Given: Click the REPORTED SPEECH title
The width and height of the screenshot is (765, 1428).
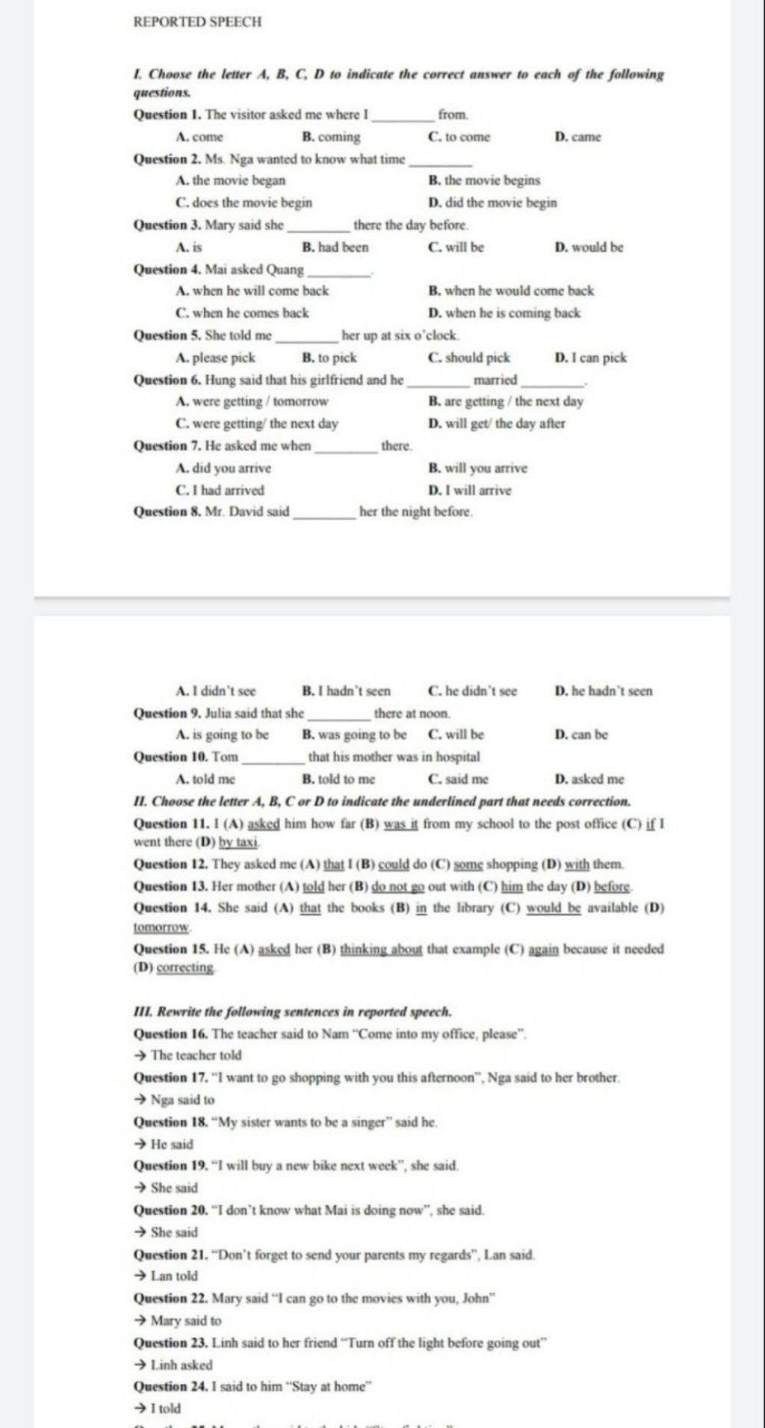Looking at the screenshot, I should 197,22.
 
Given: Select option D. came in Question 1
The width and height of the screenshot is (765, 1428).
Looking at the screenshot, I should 577,137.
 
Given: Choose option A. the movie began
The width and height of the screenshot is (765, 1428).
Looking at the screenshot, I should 231,180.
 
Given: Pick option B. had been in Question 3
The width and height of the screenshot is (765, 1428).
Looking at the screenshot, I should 335,247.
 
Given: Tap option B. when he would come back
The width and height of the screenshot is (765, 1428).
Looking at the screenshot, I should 512,291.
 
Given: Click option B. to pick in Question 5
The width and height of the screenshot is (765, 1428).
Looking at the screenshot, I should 329,357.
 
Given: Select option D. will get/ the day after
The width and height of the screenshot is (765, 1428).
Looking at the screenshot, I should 497,424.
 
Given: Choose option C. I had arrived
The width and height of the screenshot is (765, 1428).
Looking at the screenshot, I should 220,490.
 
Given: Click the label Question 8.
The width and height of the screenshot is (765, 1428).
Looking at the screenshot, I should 165,512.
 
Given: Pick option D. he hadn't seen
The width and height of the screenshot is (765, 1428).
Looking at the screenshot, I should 604,691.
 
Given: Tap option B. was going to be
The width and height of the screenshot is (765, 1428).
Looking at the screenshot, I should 355,735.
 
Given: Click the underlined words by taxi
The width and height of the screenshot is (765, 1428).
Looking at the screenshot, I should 238,842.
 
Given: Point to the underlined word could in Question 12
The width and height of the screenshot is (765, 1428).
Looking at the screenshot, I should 394,865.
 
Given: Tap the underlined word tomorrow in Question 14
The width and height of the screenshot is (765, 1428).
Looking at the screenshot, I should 161,927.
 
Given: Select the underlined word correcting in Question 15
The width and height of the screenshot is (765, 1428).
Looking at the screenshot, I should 186,968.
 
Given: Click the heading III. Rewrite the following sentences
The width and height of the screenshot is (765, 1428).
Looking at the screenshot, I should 292,1012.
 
